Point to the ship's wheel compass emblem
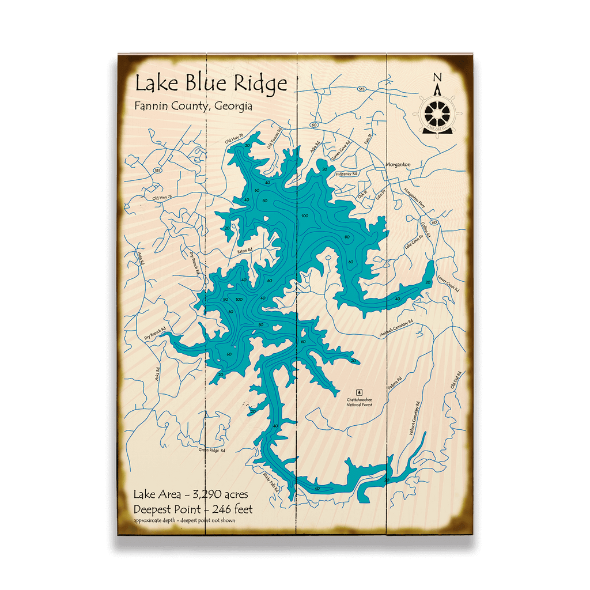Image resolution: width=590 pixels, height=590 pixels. [438, 112]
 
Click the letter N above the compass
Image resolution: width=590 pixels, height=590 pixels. [437, 78]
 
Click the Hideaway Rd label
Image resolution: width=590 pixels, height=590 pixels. [346, 173]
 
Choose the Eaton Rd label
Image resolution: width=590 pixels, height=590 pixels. [245, 251]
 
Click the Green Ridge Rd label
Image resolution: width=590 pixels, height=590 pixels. [212, 450]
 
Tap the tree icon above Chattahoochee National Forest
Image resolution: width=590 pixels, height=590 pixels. [360, 392]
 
